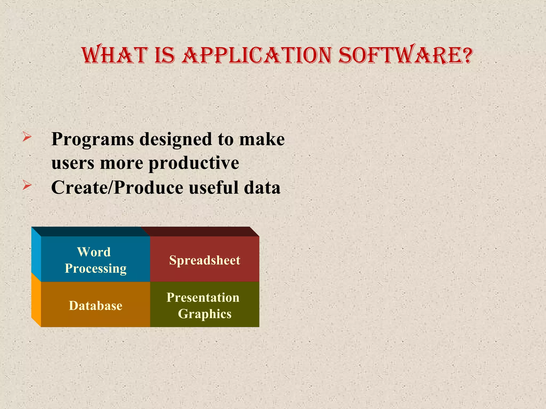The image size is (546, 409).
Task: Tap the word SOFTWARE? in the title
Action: (x=405, y=56)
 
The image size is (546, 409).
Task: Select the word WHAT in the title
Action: (x=115, y=56)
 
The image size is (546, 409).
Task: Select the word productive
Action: (x=194, y=163)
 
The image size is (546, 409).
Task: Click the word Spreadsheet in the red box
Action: (x=204, y=260)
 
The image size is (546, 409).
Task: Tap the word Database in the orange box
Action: (x=95, y=306)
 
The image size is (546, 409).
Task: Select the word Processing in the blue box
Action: (x=95, y=268)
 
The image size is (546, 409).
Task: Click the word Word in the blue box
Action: (x=94, y=252)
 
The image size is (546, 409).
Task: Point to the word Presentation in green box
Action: (x=203, y=297)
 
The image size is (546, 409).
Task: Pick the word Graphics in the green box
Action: (x=204, y=314)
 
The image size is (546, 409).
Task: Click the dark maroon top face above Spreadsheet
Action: (x=200, y=231)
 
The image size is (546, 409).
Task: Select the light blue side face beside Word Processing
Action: (x=36, y=253)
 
